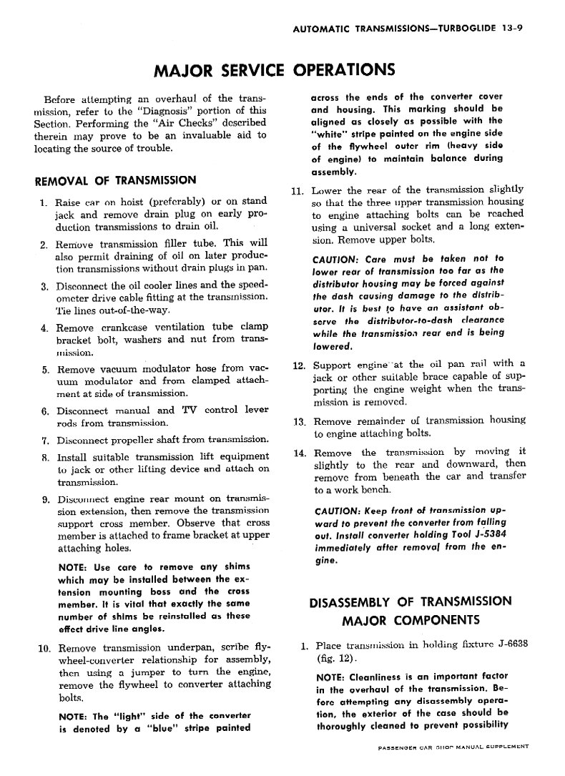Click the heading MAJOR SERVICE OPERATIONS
click(275, 70)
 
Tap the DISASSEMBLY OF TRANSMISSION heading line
click(411, 601)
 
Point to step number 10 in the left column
click(42, 649)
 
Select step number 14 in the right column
click(300, 452)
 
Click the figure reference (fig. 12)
click(337, 658)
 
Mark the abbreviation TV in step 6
click(190, 411)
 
